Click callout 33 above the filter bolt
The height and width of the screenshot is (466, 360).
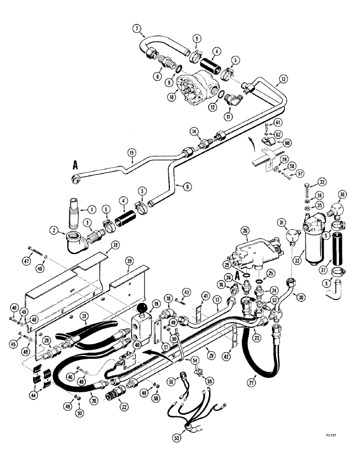pos(321,181)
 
